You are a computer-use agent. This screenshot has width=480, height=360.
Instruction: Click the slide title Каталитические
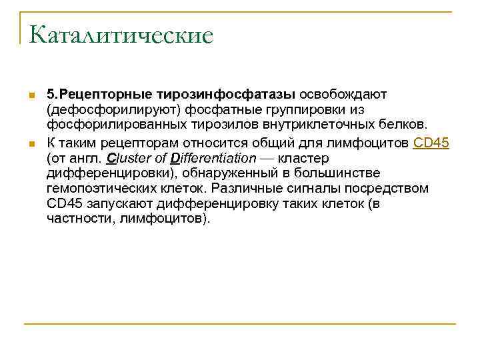121,35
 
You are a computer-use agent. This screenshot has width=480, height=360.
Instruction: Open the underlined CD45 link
431,141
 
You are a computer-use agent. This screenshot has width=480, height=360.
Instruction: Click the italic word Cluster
127,158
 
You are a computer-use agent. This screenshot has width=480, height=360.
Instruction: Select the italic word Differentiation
213,158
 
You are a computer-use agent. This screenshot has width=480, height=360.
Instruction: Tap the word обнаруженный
231,173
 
